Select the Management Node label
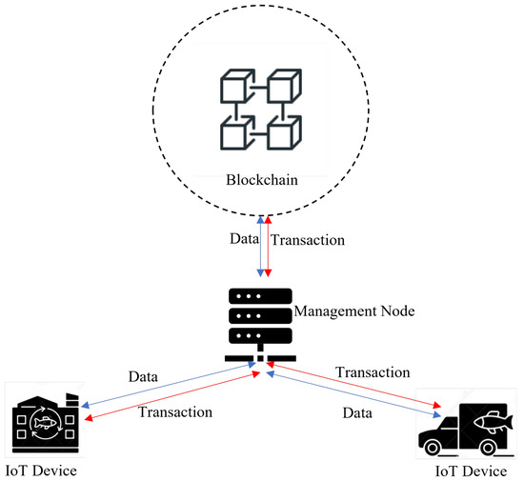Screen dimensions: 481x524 click(348, 310)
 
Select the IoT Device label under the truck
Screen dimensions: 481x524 click(470, 471)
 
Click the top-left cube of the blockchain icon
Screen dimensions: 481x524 click(233, 88)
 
